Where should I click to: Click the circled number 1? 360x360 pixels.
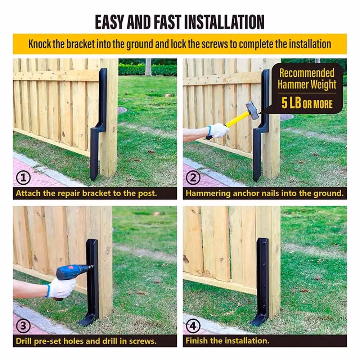(23, 178)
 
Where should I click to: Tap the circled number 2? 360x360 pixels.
(193, 178)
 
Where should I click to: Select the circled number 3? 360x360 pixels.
(23, 325)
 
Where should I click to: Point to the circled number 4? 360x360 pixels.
(193, 325)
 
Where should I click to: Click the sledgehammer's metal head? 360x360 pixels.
(252, 111)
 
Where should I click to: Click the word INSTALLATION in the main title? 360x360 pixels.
(224, 22)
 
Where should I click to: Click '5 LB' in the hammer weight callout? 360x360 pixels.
(291, 103)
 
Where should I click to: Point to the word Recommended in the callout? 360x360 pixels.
(307, 73)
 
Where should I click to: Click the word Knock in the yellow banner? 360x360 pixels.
(40, 44)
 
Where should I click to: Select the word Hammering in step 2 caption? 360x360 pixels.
(208, 193)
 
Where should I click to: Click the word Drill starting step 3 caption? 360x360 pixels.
(24, 341)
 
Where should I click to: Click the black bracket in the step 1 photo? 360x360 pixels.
(99, 124)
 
